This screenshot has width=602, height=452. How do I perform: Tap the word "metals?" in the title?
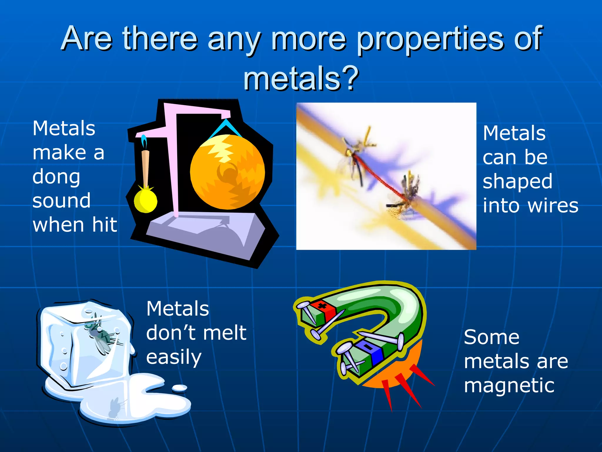[301, 78]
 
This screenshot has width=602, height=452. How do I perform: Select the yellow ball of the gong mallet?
[145, 201]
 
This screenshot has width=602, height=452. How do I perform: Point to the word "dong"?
[56, 177]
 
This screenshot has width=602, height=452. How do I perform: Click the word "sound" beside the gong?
[61, 201]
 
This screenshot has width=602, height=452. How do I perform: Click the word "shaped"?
[517, 182]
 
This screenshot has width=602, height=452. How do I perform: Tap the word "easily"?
[174, 358]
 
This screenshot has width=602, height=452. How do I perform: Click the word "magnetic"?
[509, 386]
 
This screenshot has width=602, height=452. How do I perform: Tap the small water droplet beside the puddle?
[179, 388]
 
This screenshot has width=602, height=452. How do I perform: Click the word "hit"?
[105, 225]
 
